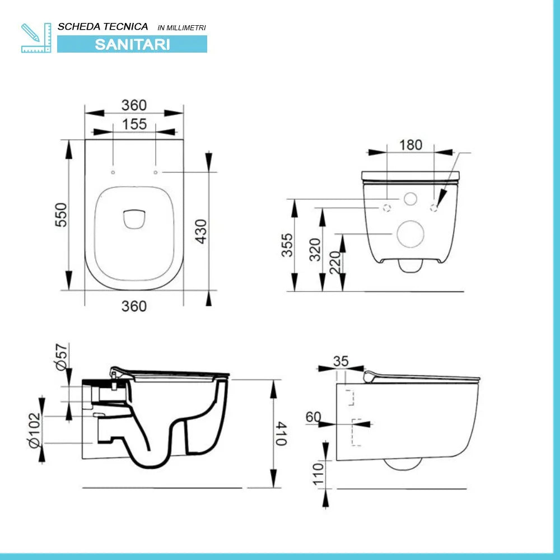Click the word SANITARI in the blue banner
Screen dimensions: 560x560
[x=132, y=44]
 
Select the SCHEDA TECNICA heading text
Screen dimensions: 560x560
[x=103, y=26]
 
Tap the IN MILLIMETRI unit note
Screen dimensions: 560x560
[x=182, y=27]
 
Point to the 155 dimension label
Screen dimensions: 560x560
[x=134, y=124]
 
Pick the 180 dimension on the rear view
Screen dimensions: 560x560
[x=410, y=144]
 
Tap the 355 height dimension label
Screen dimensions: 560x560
[x=287, y=245]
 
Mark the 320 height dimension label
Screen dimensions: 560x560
[x=315, y=250]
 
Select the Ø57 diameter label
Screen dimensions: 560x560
[x=62, y=356]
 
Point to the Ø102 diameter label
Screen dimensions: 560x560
[x=35, y=430]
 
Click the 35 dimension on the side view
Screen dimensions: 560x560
[x=340, y=361]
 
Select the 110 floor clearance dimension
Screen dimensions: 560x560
[x=318, y=473]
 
